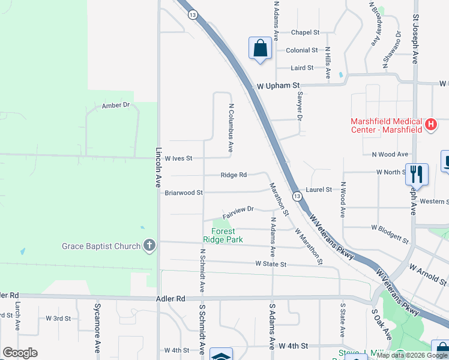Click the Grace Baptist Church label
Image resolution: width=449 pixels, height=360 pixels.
click(101, 246)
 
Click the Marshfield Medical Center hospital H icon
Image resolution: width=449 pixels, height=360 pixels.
click(430, 125)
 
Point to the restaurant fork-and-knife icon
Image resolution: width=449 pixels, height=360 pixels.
click(415, 173)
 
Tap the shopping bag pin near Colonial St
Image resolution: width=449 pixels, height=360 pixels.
click(260, 48)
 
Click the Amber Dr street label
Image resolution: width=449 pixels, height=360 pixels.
click(116, 105)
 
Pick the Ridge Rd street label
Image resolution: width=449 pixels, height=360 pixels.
click(234, 175)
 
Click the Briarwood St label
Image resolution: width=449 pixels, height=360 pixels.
click(184, 193)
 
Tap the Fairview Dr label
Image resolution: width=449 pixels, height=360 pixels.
click(238, 210)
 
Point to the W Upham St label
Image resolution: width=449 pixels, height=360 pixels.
click(278, 86)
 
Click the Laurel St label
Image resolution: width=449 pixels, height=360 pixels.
click(318, 190)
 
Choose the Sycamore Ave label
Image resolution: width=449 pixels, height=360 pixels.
click(96, 330)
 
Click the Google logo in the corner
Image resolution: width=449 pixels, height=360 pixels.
click(20, 353)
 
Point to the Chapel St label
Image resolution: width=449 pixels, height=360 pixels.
click(305, 32)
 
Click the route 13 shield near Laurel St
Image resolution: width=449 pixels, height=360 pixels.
click(297, 196)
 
